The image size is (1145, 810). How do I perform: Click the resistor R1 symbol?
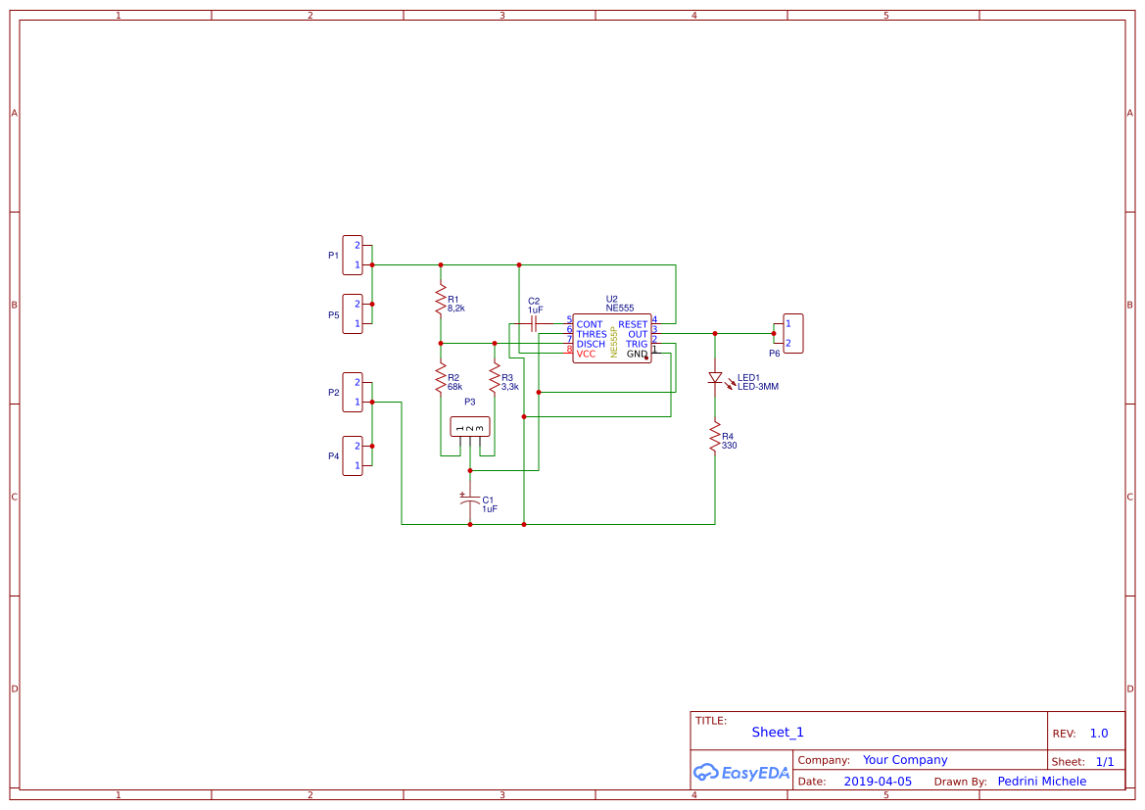[x=441, y=302]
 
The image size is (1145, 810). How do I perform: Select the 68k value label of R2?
[x=454, y=387]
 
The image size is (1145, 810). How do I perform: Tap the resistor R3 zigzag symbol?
[x=495, y=380]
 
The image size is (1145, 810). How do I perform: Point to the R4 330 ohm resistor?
[x=715, y=439]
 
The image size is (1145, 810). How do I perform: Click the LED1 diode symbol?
[x=715, y=377]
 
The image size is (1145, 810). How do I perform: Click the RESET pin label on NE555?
[x=633, y=324]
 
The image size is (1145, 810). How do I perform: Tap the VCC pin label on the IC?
[x=586, y=354]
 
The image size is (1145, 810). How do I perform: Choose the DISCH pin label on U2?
[x=591, y=344]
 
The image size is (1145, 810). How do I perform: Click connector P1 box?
[x=352, y=255]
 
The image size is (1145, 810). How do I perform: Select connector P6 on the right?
[x=792, y=333]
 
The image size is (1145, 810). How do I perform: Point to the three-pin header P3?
[x=469, y=427]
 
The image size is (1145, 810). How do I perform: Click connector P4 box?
[x=352, y=455]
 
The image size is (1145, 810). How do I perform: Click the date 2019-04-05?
[x=878, y=782]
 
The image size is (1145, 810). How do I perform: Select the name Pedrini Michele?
[x=1041, y=782]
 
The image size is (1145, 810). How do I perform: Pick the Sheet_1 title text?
[x=778, y=733]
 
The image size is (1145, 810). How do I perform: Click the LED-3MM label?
[x=758, y=387]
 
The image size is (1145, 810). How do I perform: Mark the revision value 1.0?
[x=1099, y=734]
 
